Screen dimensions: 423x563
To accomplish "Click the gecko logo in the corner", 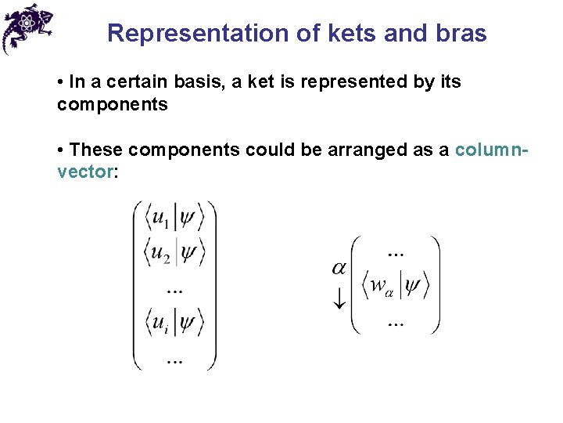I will (27, 27).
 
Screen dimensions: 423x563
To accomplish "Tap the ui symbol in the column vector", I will (160, 322).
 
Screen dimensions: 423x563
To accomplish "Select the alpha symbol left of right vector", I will (339, 269).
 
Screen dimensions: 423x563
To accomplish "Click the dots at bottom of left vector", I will (174, 361).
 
